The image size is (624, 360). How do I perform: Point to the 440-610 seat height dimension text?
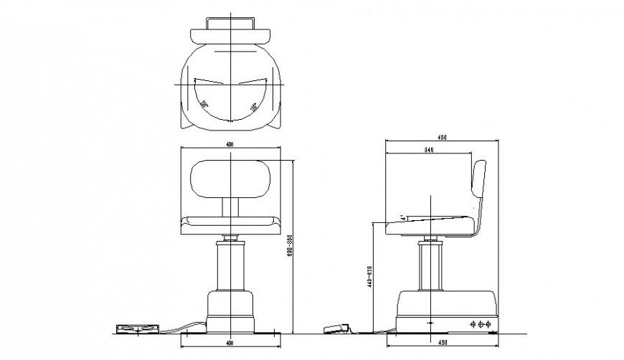click(369, 274)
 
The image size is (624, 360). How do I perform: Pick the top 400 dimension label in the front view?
click(230, 144)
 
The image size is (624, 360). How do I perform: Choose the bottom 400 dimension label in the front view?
click(230, 343)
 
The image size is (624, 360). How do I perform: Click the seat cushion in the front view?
click(230, 222)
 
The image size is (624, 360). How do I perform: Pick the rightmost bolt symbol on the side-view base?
click(490, 324)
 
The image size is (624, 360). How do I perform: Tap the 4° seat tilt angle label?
click(403, 214)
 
